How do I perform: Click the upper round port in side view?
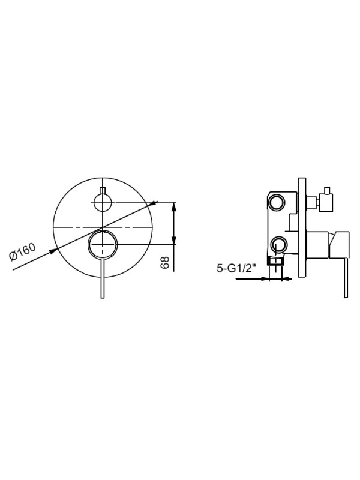[x=277, y=203]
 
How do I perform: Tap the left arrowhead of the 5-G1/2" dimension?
[x=268, y=278]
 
